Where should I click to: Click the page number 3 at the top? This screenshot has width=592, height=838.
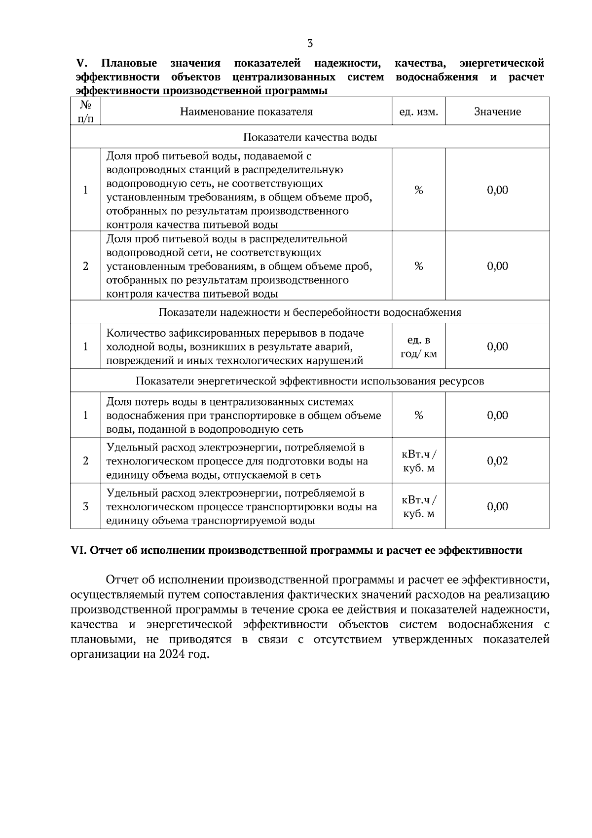point(310,43)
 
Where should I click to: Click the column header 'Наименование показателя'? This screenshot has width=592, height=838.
point(246,112)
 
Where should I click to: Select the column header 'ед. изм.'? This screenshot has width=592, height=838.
point(418,112)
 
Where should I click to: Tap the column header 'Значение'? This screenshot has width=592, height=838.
point(497,112)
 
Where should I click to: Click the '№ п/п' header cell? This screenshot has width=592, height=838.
point(86,112)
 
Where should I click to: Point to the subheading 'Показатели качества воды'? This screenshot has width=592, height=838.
point(310,137)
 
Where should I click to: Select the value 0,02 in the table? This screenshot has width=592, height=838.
point(497,461)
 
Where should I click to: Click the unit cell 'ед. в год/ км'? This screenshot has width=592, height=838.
point(418,347)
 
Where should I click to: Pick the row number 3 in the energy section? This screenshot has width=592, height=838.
point(86,506)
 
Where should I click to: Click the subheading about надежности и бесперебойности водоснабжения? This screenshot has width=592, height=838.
point(310,312)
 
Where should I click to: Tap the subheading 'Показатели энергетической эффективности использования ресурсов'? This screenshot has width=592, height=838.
point(310,381)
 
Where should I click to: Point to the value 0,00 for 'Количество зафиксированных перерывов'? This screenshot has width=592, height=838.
point(497,346)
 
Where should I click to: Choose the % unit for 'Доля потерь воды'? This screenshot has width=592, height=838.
point(418,415)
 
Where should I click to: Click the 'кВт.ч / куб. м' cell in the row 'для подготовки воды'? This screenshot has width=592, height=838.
point(418,461)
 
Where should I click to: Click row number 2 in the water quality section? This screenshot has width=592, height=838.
point(86,267)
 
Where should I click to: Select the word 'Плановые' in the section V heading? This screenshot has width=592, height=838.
point(129,63)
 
